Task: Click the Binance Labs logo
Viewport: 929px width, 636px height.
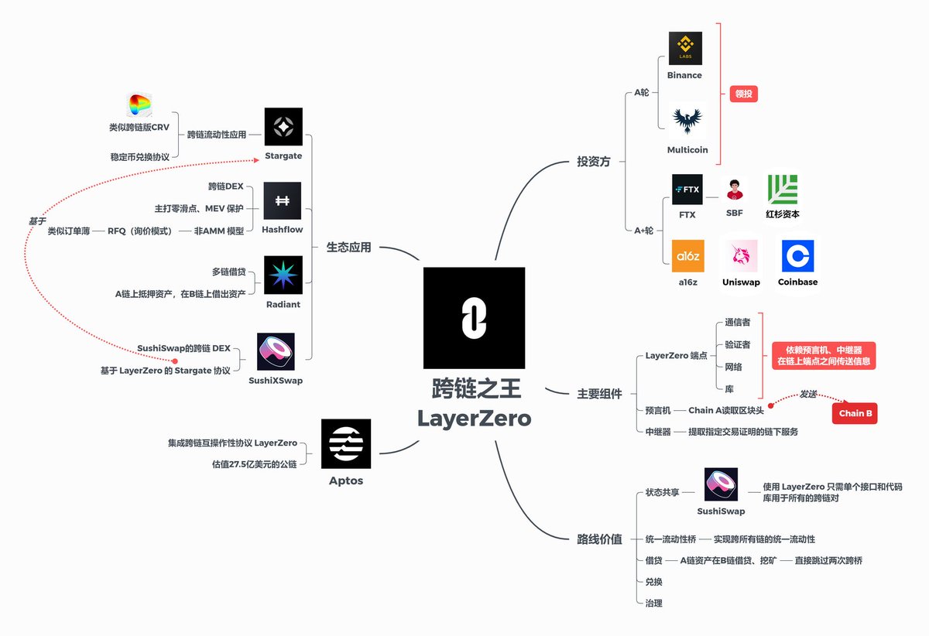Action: (x=685, y=48)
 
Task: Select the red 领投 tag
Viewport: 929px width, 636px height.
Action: (x=743, y=94)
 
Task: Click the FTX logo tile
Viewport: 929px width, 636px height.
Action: (x=687, y=189)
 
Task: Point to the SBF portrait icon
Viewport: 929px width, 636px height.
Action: (x=734, y=190)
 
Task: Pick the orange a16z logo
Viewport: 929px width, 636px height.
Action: (x=687, y=256)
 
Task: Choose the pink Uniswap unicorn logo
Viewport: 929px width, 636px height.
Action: (x=740, y=255)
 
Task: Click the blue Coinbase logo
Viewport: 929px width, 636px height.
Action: (x=797, y=256)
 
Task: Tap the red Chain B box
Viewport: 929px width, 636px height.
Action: (x=855, y=413)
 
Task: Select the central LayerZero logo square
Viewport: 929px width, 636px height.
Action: (x=474, y=317)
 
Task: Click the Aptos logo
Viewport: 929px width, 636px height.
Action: (x=345, y=444)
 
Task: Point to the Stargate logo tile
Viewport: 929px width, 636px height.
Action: (x=283, y=127)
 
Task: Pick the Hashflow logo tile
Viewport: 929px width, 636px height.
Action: (x=283, y=201)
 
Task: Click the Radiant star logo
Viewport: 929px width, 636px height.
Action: (x=283, y=275)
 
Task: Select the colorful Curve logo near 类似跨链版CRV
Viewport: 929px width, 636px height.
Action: (x=139, y=106)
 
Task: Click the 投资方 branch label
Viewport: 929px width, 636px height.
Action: (x=594, y=162)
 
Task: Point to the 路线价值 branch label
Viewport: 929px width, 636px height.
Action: (x=600, y=539)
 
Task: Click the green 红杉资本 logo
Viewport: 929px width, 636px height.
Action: (x=782, y=190)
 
